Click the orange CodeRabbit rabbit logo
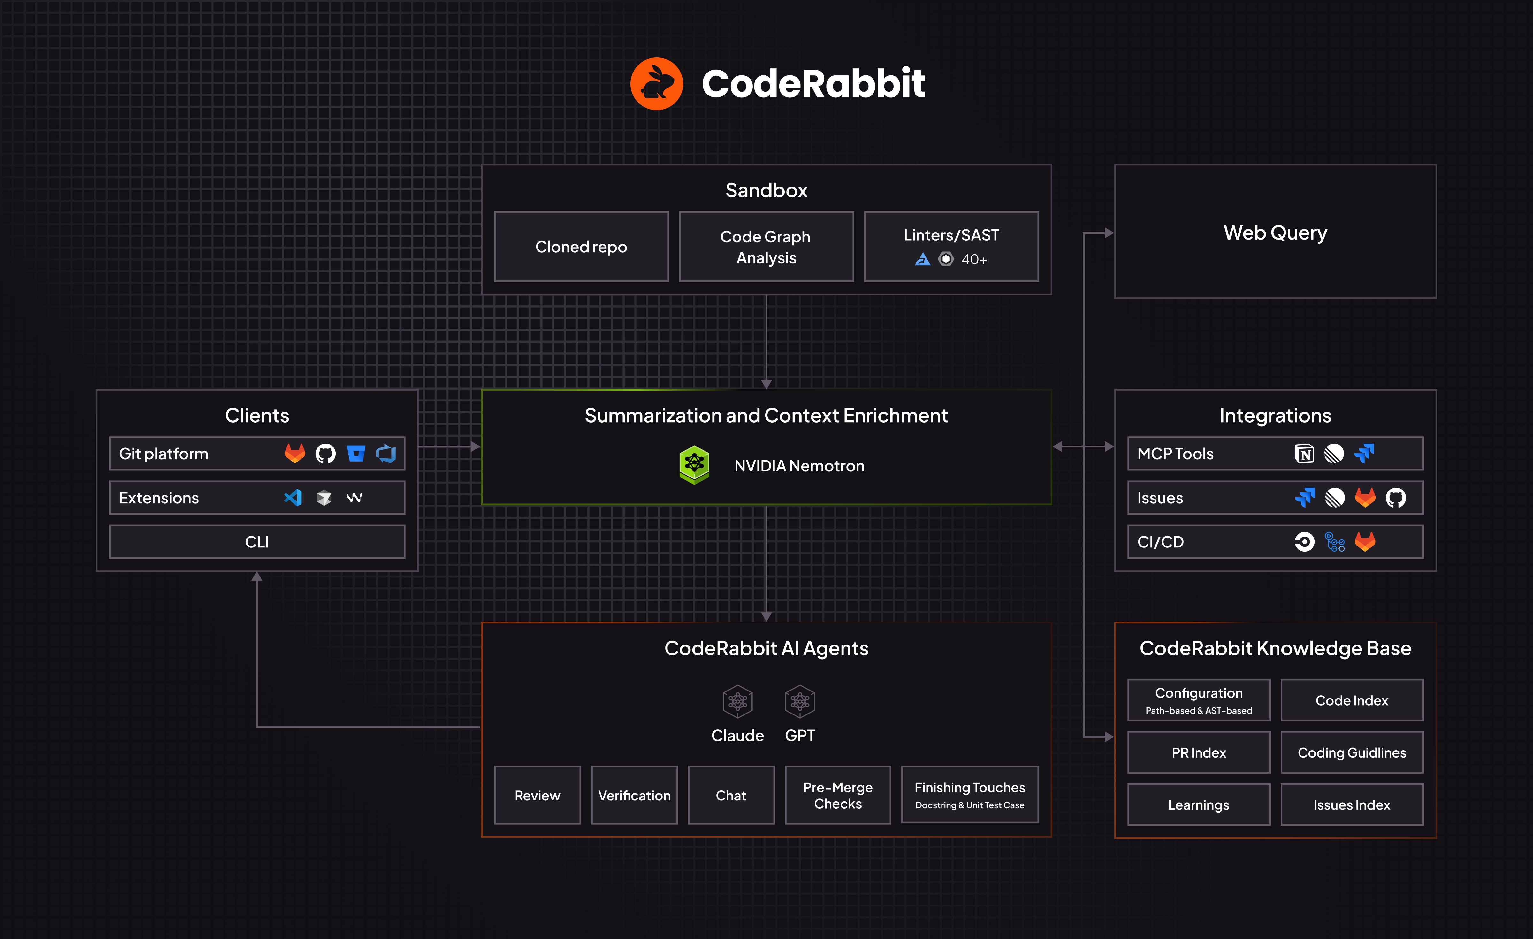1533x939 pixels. click(x=656, y=84)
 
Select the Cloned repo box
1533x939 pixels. click(x=581, y=247)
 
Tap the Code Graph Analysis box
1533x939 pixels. click(x=766, y=247)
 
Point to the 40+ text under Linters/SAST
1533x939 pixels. click(x=974, y=259)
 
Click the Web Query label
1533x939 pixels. click(x=1275, y=233)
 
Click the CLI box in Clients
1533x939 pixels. click(x=257, y=542)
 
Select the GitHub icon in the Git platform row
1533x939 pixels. click(x=325, y=454)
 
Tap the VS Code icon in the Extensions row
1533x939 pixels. click(x=293, y=498)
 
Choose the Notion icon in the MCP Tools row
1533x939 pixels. click(x=1304, y=454)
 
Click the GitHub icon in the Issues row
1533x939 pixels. click(x=1395, y=498)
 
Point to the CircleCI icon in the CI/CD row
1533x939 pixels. click(x=1304, y=542)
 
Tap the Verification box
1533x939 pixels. click(x=634, y=795)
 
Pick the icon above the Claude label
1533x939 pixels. click(x=737, y=701)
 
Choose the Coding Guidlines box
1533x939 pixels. click(x=1351, y=752)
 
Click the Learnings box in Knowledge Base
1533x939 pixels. click(x=1198, y=805)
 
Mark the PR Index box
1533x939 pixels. click(x=1198, y=752)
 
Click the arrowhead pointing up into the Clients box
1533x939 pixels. click(x=257, y=577)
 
